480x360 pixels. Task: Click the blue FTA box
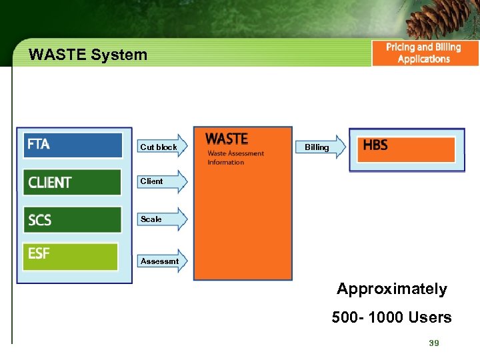73,145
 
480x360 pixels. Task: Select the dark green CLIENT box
73,182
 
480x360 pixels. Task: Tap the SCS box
73,219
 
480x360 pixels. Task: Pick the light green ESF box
70,257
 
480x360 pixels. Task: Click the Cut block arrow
163,146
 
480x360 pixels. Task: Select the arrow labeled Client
163,181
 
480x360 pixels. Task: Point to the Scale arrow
163,219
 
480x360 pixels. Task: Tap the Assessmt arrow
163,261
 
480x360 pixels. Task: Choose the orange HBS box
407,149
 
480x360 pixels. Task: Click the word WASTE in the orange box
227,139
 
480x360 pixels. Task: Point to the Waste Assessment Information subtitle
235,158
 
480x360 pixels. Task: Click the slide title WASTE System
88,55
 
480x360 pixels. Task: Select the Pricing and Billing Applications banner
424,53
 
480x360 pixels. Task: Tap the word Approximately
391,289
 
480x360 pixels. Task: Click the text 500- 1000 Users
391,317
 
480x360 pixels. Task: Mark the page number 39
434,343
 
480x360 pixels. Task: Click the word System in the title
120,55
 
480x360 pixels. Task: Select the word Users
431,317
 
